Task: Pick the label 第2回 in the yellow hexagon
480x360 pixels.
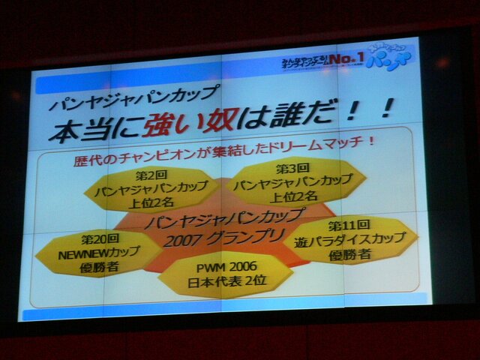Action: point(147,174)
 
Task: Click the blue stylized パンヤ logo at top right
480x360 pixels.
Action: point(394,62)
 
